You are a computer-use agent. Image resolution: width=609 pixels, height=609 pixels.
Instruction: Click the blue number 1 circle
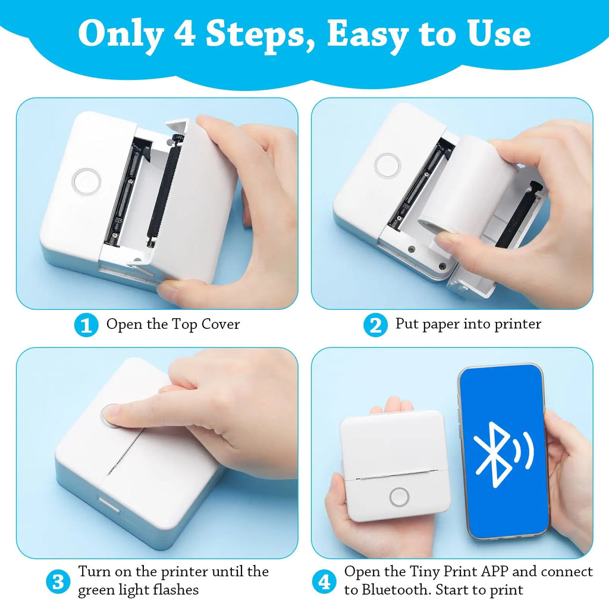[86, 325]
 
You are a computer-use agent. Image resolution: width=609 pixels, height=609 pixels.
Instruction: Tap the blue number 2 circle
[375, 325]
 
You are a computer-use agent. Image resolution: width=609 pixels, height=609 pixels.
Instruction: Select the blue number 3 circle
[58, 581]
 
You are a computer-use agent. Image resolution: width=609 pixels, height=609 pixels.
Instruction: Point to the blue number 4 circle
[324, 581]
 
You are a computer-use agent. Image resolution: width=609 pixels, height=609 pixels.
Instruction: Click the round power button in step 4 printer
[399, 497]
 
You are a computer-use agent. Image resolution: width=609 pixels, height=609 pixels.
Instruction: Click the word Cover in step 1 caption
[221, 324]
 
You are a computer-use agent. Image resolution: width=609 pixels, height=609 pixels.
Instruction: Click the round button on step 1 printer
[86, 180]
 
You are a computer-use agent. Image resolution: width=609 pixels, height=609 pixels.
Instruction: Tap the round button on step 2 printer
[388, 165]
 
